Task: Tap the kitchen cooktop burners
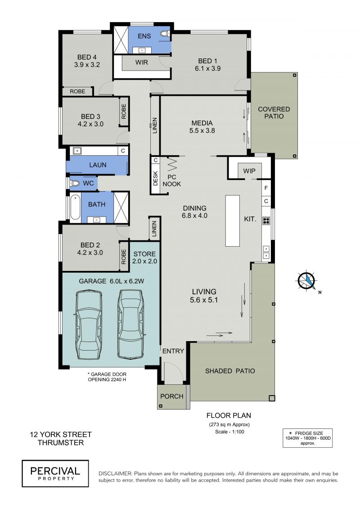coord(266,221)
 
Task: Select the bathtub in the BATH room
coord(75,207)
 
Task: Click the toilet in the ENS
coord(165,33)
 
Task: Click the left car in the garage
coord(88,325)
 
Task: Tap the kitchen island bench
coord(233,221)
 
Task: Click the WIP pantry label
coord(249,171)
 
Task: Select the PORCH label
coord(172,396)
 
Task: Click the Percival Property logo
coord(55,473)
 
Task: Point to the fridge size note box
coord(307,438)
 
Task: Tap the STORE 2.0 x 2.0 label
coord(144,257)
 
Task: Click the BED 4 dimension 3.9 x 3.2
coord(87,65)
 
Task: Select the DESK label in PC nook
coord(155,178)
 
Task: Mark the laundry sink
coord(77,151)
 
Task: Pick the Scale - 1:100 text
coord(229,432)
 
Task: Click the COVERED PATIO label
coord(274,113)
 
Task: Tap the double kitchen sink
coord(266,252)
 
